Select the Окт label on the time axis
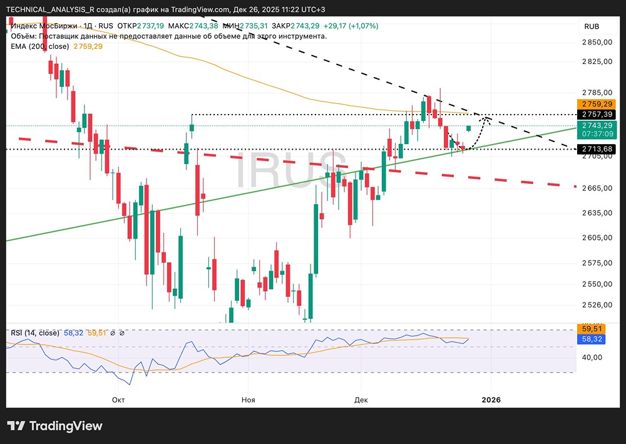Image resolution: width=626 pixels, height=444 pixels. pos(118,399)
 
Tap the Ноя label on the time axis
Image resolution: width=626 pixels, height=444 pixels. pos(249,399)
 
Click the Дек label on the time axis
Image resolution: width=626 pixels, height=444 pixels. pos(361,399)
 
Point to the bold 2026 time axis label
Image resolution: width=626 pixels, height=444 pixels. pos(491,399)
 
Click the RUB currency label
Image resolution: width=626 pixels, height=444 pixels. pos(592,26)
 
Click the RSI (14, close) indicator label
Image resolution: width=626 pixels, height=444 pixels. pos(35,333)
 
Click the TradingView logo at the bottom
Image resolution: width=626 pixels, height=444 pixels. pos(54,426)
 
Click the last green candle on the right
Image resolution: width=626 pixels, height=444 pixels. pos(469,128)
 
